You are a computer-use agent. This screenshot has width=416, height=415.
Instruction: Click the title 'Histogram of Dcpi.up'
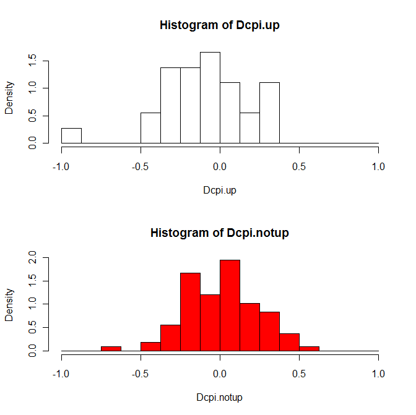(220, 25)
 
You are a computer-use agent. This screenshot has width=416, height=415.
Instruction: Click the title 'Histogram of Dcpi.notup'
(220, 233)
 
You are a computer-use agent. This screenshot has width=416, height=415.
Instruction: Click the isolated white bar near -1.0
(71, 135)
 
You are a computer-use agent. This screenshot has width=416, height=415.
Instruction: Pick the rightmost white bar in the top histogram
(269, 113)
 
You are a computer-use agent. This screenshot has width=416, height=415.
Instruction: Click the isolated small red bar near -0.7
(111, 348)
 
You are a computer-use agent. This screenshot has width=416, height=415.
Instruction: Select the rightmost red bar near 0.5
(309, 348)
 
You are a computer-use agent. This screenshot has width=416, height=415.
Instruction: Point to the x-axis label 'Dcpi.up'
(220, 190)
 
